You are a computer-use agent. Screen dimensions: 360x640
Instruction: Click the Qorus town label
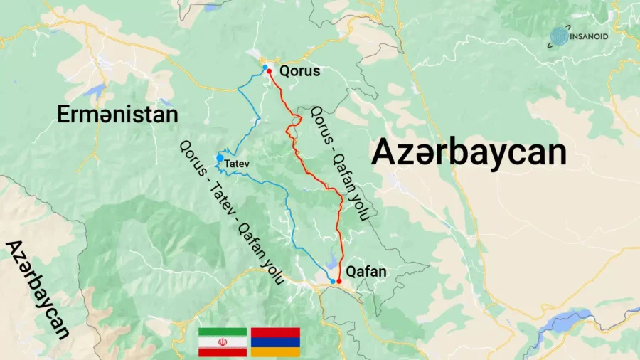pos(299,71)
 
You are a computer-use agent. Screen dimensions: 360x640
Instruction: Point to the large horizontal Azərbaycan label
pos(469,152)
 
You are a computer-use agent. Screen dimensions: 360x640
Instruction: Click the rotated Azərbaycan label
pos(39,289)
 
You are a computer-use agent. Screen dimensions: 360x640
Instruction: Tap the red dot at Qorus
pos(269,72)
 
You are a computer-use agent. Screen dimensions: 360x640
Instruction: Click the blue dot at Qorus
pos(265,67)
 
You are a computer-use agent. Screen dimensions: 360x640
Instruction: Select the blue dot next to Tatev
pos(220,158)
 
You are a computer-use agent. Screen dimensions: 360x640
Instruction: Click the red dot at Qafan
pos(338,282)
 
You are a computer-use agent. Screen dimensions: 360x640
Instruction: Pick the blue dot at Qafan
pos(333,281)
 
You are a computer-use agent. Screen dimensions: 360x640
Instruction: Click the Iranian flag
pos(222,342)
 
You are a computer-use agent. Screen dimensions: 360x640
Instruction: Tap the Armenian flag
pos(277,342)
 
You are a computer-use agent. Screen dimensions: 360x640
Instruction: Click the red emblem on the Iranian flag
pos(222,342)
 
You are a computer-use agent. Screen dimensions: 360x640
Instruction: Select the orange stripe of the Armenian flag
pos(277,352)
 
